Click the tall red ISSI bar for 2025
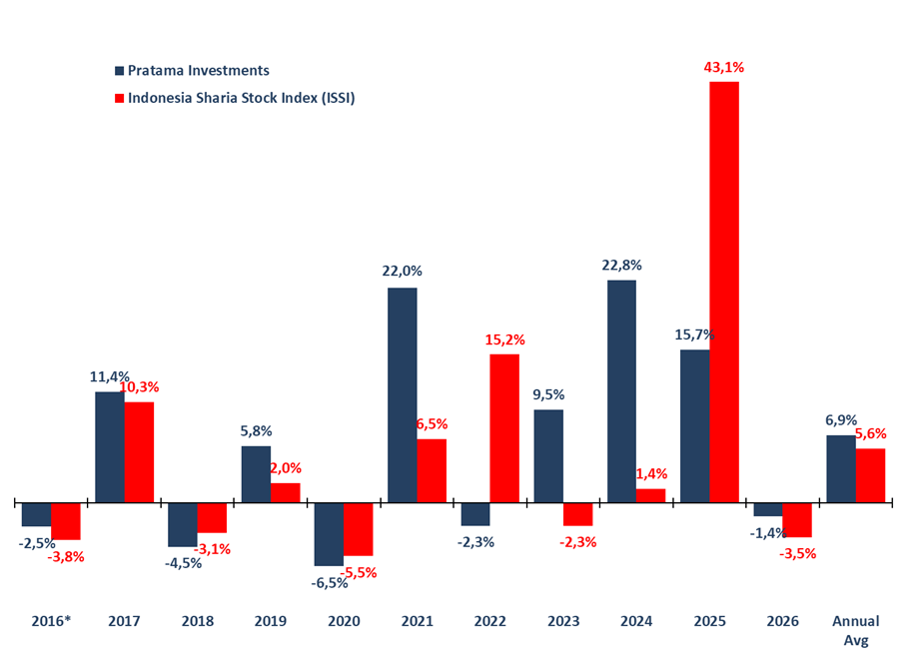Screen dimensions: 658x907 pos(724,292)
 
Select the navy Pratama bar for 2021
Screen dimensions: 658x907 pos(403,395)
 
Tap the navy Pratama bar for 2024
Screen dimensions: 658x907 pos(621,391)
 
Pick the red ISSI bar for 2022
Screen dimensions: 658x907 pos(504,428)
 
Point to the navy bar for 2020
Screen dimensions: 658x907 pos(329,534)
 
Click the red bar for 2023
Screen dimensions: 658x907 pos(577,514)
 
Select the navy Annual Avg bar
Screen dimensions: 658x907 pos(841,468)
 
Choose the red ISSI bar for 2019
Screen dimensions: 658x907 pos(286,493)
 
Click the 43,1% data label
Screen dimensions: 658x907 pos(724,68)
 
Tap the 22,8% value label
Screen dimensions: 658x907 pos(621,266)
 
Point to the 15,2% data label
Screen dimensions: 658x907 pos(504,339)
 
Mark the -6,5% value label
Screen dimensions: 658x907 pos(329,582)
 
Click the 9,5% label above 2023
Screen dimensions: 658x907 pos(548,394)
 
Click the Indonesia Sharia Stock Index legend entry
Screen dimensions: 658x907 pos(235,98)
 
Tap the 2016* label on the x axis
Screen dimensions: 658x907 pos(52,621)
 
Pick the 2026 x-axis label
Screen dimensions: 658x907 pos(782,621)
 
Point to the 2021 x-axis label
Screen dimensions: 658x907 pos(418,621)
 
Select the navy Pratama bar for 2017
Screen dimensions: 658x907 pos(110,447)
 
